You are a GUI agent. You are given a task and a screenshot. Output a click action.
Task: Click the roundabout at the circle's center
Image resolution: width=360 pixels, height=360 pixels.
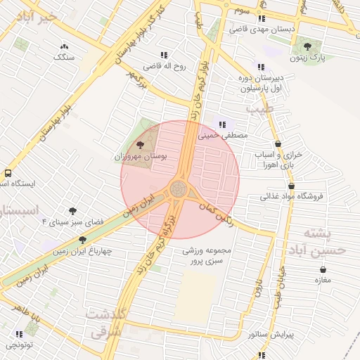point(179,189)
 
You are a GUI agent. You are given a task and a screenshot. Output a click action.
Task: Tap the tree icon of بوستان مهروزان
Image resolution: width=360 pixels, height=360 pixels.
point(139,145)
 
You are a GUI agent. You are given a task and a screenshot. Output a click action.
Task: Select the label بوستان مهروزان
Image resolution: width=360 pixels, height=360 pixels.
point(139,156)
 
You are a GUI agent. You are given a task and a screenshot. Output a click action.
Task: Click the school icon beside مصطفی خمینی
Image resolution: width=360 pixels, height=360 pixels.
point(223,124)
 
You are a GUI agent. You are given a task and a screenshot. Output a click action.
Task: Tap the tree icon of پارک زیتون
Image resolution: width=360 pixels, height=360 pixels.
point(307,47)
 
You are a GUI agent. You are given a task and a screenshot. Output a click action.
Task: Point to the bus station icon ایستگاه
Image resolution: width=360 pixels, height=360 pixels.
point(8,173)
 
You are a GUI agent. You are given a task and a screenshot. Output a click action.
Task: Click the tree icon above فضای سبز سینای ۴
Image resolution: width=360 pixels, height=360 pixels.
point(72,210)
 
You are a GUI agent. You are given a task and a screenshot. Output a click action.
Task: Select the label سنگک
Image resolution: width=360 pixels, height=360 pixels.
point(65,57)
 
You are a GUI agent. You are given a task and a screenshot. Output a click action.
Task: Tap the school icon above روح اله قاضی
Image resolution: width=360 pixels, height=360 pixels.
point(164,55)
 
